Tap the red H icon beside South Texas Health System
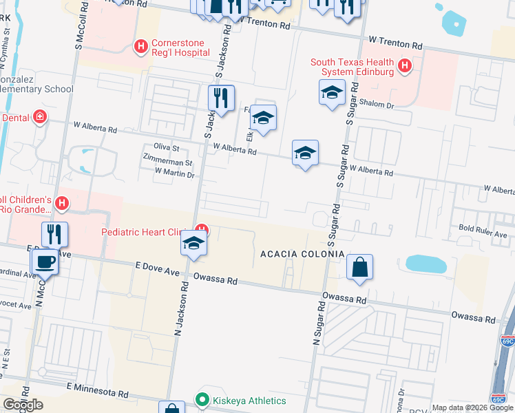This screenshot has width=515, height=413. [x=406, y=66]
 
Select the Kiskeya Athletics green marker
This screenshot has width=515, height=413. [x=202, y=399]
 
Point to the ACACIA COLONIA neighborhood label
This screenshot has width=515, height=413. [x=302, y=254]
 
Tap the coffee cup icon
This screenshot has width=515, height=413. [x=45, y=262]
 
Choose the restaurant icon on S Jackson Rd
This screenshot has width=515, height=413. [x=221, y=98]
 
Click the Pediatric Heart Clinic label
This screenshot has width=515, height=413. [x=148, y=232]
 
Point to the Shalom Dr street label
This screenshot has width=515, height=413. [x=379, y=105]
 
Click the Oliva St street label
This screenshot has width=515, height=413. [x=166, y=148]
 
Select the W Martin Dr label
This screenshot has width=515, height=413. [x=175, y=173]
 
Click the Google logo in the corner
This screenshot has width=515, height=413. [x=23, y=405]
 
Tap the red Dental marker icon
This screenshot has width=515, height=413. [x=41, y=117]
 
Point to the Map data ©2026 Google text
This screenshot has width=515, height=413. [x=472, y=407]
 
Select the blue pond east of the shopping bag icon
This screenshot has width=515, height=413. [x=426, y=264]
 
